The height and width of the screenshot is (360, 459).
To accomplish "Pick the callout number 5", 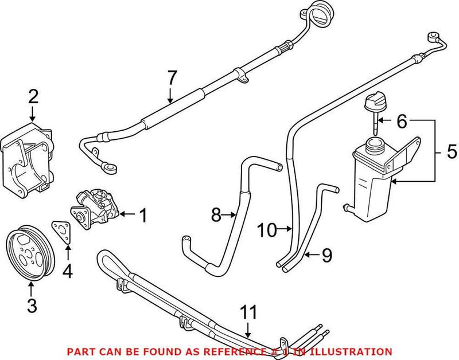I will point(452,152).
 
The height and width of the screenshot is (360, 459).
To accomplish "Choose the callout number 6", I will point(401,122).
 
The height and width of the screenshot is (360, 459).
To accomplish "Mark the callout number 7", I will point(172,78).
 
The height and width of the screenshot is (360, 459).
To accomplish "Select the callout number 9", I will point(326,255).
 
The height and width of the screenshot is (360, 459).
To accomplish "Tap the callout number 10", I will point(267,231).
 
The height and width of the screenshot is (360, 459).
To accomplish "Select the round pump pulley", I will point(29,255).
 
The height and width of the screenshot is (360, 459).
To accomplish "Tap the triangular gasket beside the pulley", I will point(60,232).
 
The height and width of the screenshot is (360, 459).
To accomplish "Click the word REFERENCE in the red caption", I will point(207,351).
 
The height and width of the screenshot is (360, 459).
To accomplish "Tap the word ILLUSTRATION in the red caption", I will point(355,351).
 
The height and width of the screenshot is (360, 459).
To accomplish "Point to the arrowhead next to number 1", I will point(123,216).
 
